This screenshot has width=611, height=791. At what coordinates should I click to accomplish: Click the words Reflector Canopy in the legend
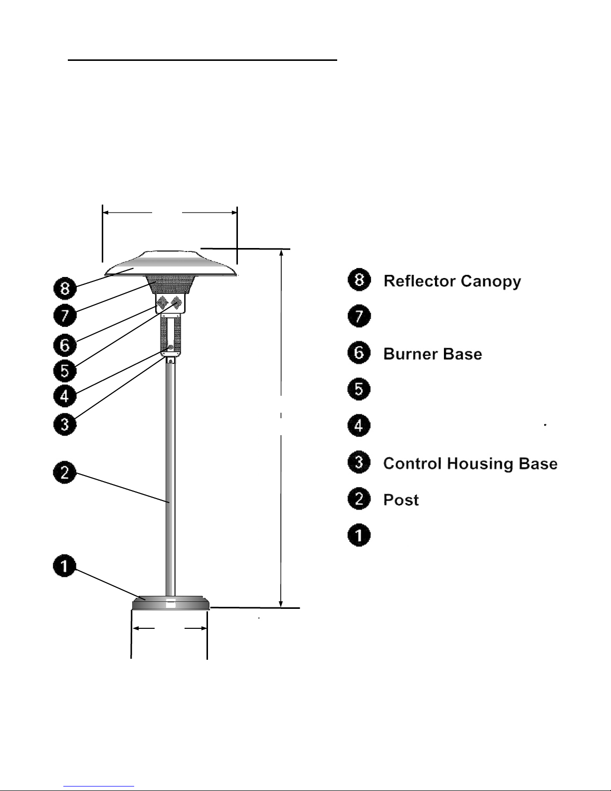pos(452,281)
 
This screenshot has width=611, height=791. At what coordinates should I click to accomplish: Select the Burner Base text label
pos(433,354)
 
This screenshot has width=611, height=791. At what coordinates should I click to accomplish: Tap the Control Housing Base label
pos(470,464)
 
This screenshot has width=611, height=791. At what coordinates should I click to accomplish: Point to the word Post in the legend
pos(401,500)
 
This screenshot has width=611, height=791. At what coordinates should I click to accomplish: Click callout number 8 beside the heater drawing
pos(65,288)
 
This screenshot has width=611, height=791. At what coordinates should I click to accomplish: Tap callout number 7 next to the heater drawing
pos(65,315)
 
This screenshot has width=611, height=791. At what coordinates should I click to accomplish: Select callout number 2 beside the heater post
pos(65,473)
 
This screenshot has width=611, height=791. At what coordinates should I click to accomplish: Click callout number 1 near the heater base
pos(64,566)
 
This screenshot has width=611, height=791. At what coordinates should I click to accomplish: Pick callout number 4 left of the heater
pos(65,396)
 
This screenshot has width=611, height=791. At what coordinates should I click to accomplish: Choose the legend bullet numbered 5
pos(359,389)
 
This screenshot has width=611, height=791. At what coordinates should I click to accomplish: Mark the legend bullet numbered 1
pos(359,535)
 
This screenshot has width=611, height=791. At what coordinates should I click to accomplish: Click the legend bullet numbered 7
pos(359,316)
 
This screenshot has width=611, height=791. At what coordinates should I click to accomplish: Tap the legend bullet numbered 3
pos(359,462)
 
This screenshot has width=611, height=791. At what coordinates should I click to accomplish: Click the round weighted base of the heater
pos(171,603)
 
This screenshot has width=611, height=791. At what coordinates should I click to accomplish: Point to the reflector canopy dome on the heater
pos(171,263)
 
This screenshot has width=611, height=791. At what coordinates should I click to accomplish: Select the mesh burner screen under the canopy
pos(171,284)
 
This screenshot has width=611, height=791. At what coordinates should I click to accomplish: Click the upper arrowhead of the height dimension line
pos(281,253)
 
